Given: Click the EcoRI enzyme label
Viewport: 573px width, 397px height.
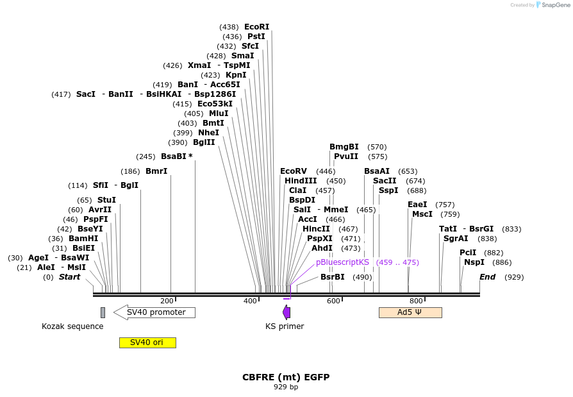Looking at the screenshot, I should (256, 27).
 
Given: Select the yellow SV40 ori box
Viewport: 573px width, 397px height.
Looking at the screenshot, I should (147, 342).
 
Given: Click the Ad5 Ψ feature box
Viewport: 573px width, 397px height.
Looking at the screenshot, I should (410, 312).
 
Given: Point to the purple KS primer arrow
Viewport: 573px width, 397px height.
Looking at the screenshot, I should (286, 312).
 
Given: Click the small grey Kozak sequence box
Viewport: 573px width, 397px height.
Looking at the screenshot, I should (103, 312).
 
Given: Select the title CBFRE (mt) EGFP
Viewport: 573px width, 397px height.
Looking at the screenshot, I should (286, 377).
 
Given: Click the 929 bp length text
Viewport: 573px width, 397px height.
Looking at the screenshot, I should (286, 387).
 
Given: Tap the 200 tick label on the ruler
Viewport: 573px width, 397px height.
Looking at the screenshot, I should (167, 301).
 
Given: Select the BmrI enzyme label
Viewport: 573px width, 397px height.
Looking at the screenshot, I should (156, 171).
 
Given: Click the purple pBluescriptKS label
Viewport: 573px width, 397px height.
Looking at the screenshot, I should (342, 262).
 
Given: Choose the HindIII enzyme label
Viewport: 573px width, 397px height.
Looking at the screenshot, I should (301, 181).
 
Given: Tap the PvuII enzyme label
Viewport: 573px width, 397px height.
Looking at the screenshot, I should (346, 156).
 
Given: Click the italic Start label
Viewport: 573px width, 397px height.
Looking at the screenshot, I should (70, 277).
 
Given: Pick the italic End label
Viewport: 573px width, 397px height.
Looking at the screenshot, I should (488, 277).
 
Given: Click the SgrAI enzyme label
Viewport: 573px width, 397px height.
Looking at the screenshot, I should (456, 239).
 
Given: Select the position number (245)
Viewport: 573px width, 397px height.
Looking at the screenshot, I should (145, 156).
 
